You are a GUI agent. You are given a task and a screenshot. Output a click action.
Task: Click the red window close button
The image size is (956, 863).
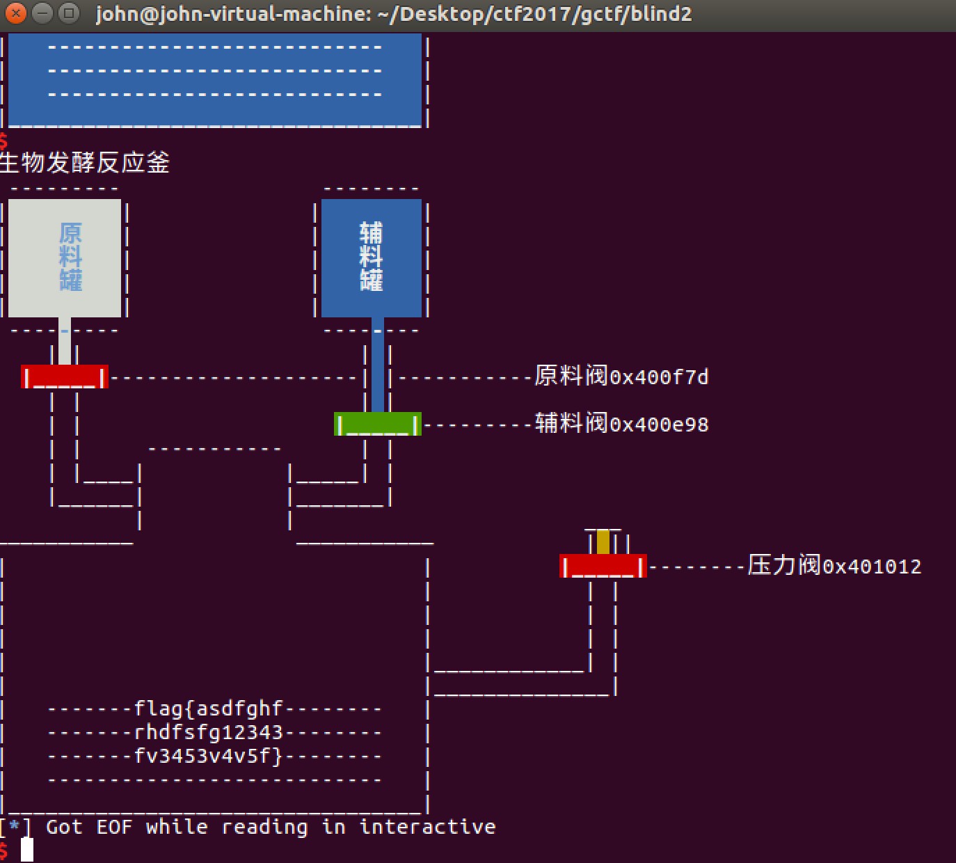coord(16,13)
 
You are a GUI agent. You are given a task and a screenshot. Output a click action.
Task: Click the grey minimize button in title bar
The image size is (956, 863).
coord(42,13)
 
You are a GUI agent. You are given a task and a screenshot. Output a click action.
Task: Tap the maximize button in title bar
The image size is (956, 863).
coord(69,13)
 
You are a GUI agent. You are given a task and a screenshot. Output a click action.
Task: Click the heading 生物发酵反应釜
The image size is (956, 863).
coord(84,163)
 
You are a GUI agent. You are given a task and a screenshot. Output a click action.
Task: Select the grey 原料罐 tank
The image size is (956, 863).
coord(65,258)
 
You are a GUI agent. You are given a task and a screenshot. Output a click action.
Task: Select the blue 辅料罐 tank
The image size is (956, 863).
coord(372,258)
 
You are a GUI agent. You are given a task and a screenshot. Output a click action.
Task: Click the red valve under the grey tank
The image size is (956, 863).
coord(65,377)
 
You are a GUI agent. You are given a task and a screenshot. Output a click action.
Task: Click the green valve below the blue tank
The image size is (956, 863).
coord(378,424)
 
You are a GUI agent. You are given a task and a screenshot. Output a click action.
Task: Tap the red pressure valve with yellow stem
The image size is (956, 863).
coord(603,566)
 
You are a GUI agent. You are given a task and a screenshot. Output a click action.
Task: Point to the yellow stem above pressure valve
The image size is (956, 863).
coord(603,542)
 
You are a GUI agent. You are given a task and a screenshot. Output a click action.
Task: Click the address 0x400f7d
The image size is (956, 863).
coord(660,377)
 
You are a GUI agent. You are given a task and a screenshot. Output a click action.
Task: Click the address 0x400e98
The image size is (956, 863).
coord(660,425)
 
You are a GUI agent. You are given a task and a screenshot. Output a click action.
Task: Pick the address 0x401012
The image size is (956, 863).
coord(873,567)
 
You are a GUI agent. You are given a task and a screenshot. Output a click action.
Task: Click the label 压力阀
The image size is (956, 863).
coord(784,565)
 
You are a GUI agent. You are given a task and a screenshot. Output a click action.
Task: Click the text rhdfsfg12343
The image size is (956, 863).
coord(209,732)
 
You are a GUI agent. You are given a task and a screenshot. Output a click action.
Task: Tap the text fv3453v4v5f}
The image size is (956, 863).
coord(209,757)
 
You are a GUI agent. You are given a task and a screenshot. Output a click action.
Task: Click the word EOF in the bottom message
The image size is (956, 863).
coord(114,828)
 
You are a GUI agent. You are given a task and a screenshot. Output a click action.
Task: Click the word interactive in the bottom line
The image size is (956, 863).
coord(427,827)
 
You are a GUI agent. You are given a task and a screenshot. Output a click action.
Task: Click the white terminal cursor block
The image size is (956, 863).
coord(27,850)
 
